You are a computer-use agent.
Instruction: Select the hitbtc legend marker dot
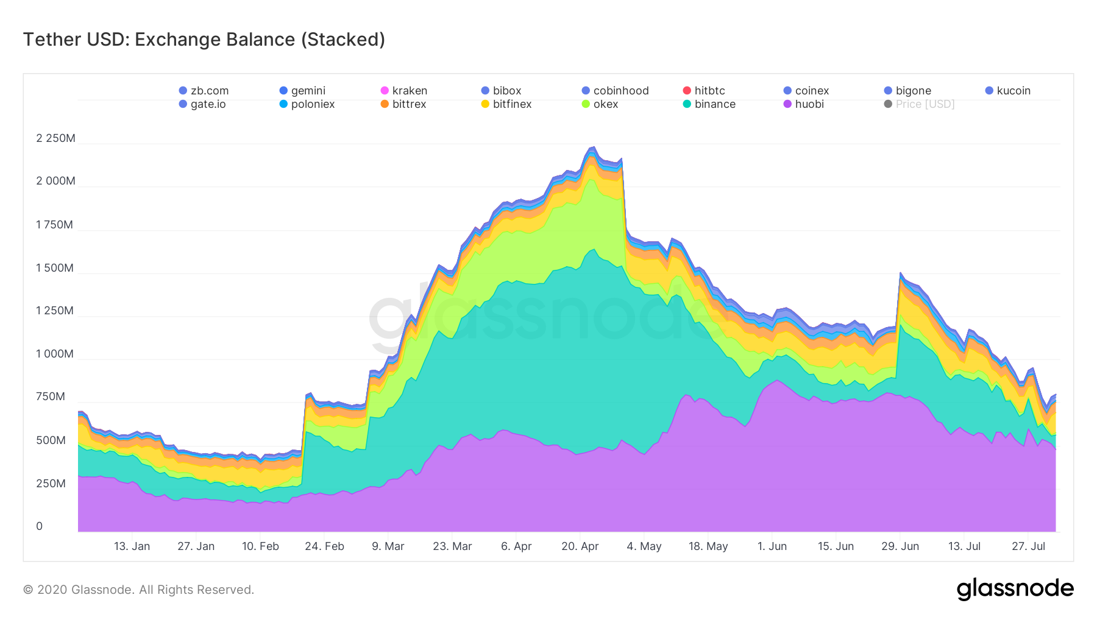(x=687, y=91)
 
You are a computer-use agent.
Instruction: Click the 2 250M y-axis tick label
(x=55, y=138)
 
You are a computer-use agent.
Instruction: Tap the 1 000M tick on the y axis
(x=54, y=354)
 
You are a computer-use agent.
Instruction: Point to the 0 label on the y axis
(x=40, y=526)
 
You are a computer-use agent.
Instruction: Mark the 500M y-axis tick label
(x=51, y=440)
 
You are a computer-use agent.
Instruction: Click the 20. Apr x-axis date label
(x=580, y=546)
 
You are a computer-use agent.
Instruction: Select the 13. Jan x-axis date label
(x=132, y=546)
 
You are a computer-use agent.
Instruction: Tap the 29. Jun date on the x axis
(x=900, y=546)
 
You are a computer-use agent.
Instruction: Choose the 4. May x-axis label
(x=644, y=546)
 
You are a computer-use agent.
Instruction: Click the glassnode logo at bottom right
(x=1015, y=589)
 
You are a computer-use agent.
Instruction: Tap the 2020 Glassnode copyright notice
(x=138, y=590)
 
